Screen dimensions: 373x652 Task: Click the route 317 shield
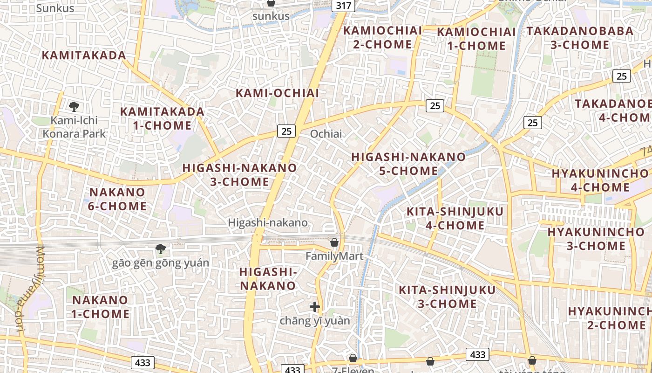(x=344, y=6)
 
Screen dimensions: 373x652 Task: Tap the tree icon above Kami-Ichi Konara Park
(x=74, y=107)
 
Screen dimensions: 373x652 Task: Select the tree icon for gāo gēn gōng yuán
(x=161, y=249)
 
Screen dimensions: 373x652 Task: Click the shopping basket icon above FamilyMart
(x=334, y=242)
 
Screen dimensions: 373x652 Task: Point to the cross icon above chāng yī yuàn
(x=315, y=307)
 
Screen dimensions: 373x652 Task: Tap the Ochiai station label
(x=326, y=134)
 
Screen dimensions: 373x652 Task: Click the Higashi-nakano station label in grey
(x=268, y=223)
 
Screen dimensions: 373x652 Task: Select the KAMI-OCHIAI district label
(x=278, y=93)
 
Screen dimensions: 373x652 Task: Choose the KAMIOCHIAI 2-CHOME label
(x=382, y=37)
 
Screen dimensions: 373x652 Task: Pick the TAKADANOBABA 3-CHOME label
(x=580, y=38)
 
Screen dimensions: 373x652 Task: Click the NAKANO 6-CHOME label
(x=117, y=199)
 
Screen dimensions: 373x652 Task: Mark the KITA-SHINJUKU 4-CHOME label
(x=455, y=218)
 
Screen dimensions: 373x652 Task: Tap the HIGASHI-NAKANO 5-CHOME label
(x=408, y=164)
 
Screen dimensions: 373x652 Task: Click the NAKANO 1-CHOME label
(x=100, y=306)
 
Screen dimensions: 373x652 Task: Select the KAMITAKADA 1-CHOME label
(x=162, y=118)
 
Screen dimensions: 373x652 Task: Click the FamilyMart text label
(x=334, y=256)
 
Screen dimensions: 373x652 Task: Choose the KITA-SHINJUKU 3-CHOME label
(x=447, y=297)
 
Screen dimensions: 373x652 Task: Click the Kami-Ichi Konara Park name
(x=75, y=127)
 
